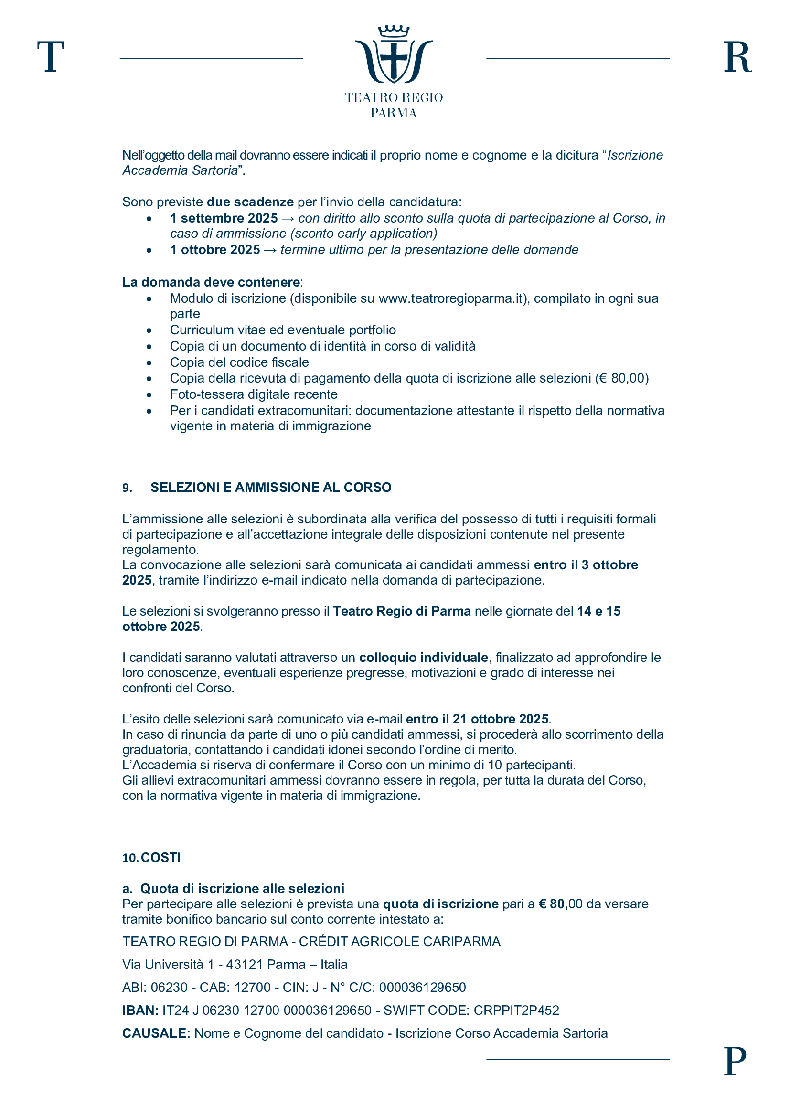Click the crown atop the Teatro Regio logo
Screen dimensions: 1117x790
pyautogui.click(x=394, y=32)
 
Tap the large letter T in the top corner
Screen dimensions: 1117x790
pyautogui.click(x=51, y=57)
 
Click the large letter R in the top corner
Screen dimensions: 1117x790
pyautogui.click(x=737, y=57)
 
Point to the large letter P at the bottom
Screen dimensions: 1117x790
pyautogui.click(x=735, y=1061)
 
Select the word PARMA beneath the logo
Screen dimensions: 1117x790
pyautogui.click(x=394, y=113)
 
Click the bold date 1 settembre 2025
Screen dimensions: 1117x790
pyautogui.click(x=224, y=218)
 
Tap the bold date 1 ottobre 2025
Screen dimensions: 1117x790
pyautogui.click(x=215, y=250)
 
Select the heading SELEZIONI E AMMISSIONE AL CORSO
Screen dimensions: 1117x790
pyautogui.click(x=271, y=488)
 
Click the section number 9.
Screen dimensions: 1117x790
pyautogui.click(x=127, y=488)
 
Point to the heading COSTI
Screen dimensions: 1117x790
pyautogui.click(x=161, y=857)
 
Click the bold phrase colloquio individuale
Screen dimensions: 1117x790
pyautogui.click(x=424, y=657)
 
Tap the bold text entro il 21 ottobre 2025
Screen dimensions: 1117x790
pyautogui.click(x=477, y=719)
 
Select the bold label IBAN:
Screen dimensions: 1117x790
pyautogui.click(x=140, y=1011)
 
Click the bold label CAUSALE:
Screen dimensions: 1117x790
pyautogui.click(x=156, y=1033)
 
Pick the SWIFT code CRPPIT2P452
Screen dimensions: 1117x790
pyautogui.click(x=516, y=1011)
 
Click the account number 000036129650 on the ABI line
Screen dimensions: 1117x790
pyautogui.click(x=422, y=988)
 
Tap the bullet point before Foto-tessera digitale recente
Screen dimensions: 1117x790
pyautogui.click(x=149, y=395)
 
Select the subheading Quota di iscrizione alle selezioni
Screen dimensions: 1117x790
pyautogui.click(x=242, y=888)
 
